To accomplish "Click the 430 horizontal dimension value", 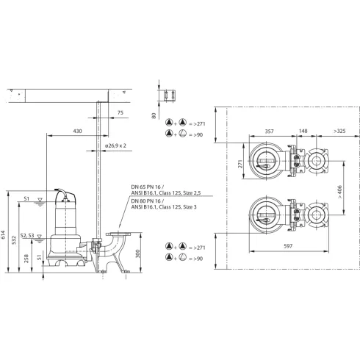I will (x=77, y=131).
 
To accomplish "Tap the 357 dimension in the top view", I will (x=269, y=131).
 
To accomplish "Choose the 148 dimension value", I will (x=304, y=131).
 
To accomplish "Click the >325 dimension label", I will (x=337, y=131).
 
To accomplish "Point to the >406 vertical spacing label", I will (x=339, y=192).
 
